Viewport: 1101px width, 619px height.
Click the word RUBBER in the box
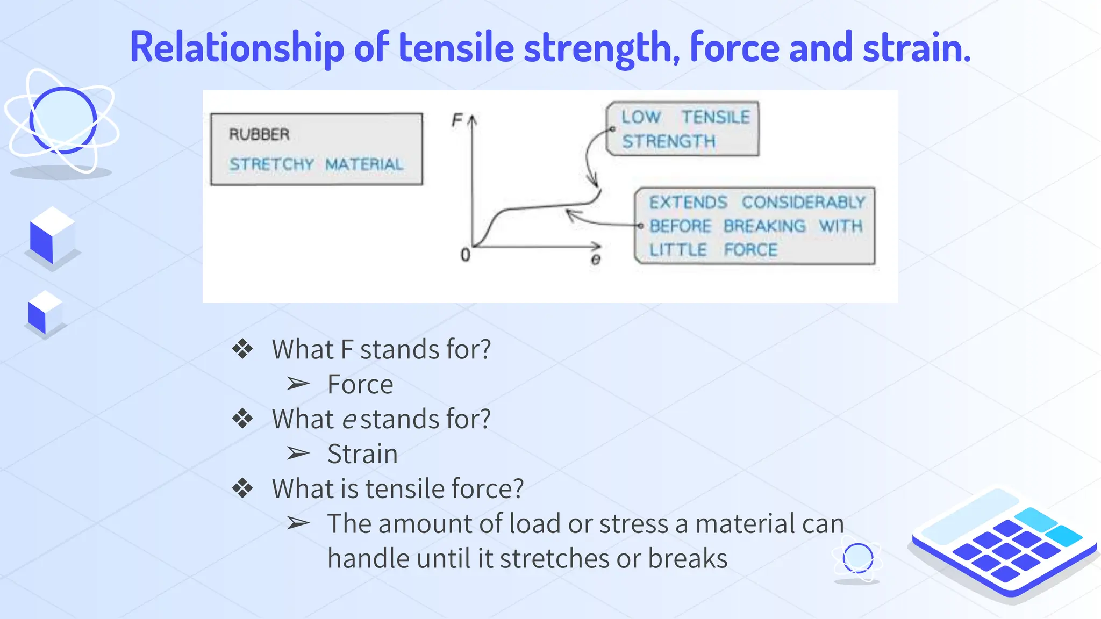click(x=259, y=134)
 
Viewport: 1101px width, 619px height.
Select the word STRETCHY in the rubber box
click(x=271, y=164)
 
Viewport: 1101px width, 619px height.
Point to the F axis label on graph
click(x=457, y=120)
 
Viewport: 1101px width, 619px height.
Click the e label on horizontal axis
click(x=596, y=260)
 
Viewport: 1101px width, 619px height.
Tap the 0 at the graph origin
click(x=466, y=255)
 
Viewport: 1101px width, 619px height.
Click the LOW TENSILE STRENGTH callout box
click(x=683, y=129)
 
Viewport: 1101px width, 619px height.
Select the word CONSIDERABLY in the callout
click(x=803, y=203)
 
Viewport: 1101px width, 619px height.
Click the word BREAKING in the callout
click(x=764, y=226)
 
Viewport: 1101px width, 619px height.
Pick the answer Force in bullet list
click(x=360, y=385)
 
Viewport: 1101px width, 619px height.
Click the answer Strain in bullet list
click(x=362, y=454)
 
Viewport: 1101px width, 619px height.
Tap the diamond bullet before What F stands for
click(x=242, y=349)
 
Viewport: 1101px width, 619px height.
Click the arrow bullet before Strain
click(x=298, y=454)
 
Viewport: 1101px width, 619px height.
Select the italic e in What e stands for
click(x=349, y=420)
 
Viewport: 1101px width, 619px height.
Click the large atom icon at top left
click(x=62, y=121)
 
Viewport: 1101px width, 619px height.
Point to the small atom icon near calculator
click(x=857, y=559)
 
